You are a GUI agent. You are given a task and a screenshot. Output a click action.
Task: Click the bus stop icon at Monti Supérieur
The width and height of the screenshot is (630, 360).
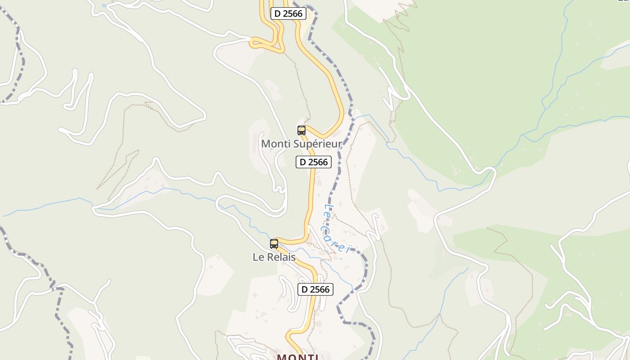[x=301, y=130]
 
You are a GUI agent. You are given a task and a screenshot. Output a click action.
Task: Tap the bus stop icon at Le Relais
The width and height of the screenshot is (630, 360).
[x=274, y=244]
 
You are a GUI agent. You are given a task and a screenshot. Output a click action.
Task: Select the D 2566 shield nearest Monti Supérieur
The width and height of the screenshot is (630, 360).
[x=314, y=162]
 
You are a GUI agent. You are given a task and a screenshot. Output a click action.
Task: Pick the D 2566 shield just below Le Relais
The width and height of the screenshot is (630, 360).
[x=315, y=289]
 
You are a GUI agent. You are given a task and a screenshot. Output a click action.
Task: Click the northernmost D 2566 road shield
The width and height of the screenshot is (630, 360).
[x=288, y=13]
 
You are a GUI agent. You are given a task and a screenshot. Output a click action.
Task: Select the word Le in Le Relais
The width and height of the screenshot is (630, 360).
[x=257, y=257]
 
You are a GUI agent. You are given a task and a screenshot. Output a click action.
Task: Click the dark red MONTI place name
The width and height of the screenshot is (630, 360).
[x=298, y=358]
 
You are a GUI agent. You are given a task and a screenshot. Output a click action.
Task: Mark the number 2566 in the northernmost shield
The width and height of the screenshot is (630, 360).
[x=293, y=13]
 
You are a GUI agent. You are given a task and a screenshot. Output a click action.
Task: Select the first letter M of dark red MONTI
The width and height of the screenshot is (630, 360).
[x=281, y=358]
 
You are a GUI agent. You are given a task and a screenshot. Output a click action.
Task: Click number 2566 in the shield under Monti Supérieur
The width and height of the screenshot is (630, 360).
[x=319, y=162]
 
